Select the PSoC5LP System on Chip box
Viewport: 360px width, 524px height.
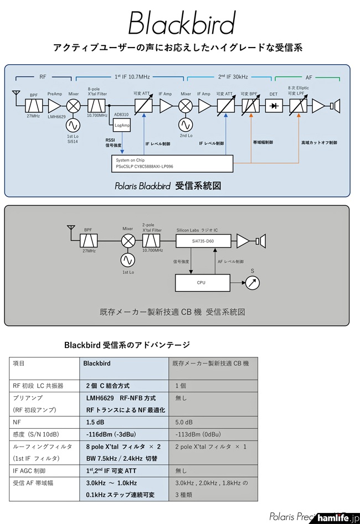tap(171, 163)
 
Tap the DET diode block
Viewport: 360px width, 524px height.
tap(273, 106)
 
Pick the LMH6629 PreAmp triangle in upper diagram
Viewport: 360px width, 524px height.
tap(55, 106)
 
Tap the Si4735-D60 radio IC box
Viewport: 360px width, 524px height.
tap(202, 241)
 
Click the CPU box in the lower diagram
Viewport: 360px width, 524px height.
tap(201, 282)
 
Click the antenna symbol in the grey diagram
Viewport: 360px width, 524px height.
tap(70, 228)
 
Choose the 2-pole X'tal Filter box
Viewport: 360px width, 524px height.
tap(151, 241)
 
